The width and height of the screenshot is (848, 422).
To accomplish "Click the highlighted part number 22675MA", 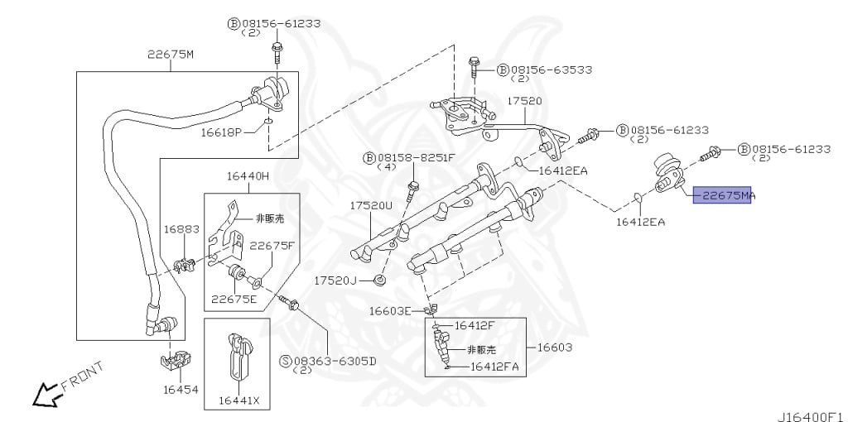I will [x=724, y=195].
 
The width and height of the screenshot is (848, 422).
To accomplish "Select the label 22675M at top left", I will [x=171, y=55].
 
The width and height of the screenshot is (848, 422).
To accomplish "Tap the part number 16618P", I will [x=221, y=132].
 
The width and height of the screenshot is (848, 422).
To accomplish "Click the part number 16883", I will [x=180, y=229].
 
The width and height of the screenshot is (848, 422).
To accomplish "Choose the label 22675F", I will [x=272, y=245].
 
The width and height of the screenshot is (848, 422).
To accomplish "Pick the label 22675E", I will [x=234, y=299].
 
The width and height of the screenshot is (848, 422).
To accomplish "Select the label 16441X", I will [x=238, y=400].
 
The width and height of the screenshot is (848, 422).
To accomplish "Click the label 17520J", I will [x=335, y=281].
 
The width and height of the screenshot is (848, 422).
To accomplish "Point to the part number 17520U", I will [x=369, y=205].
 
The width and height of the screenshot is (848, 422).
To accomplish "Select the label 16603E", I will [x=390, y=310].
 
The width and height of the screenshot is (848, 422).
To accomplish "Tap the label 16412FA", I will [x=494, y=367].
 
